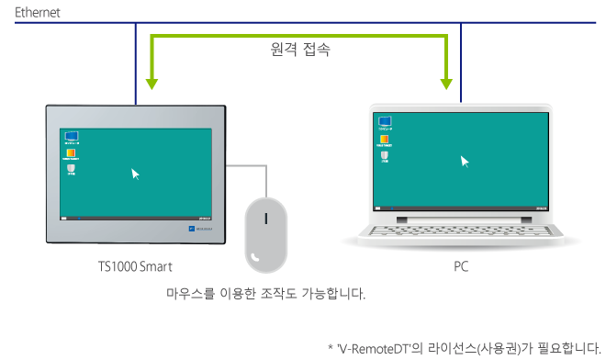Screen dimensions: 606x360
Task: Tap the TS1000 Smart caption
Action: pyautogui.click(x=135, y=266)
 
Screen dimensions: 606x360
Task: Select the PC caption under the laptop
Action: pyautogui.click(x=461, y=266)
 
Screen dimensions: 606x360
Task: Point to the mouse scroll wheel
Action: pyautogui.click(x=266, y=219)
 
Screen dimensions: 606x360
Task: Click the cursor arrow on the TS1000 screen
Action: pyautogui.click(x=136, y=173)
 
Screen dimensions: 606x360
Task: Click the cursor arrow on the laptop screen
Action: pyautogui.click(x=465, y=161)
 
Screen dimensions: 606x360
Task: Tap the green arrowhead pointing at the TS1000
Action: pyautogui.click(x=151, y=84)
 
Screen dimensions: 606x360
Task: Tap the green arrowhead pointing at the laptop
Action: pyautogui.click(x=447, y=84)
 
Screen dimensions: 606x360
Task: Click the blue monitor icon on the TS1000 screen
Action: pyautogui.click(x=71, y=136)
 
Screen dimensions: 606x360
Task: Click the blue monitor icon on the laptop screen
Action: pyautogui.click(x=386, y=121)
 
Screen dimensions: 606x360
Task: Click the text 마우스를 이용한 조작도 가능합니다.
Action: pyautogui.click(x=265, y=295)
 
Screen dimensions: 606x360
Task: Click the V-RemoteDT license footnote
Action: pyautogui.click(x=464, y=347)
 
